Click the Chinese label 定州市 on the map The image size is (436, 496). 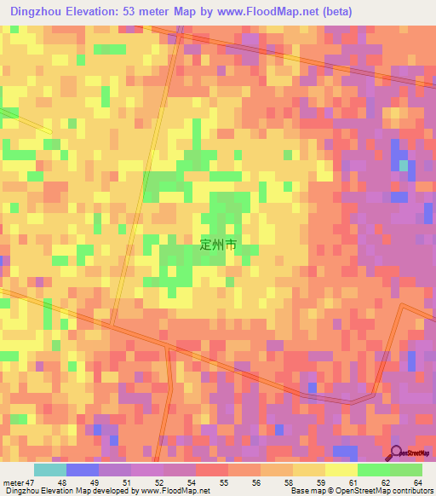click(x=217, y=244)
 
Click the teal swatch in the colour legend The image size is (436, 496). click(x=50, y=470)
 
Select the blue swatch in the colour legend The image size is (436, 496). click(x=83, y=470)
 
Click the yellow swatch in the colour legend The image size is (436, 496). click(x=341, y=470)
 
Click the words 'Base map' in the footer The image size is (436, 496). click(x=304, y=491)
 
